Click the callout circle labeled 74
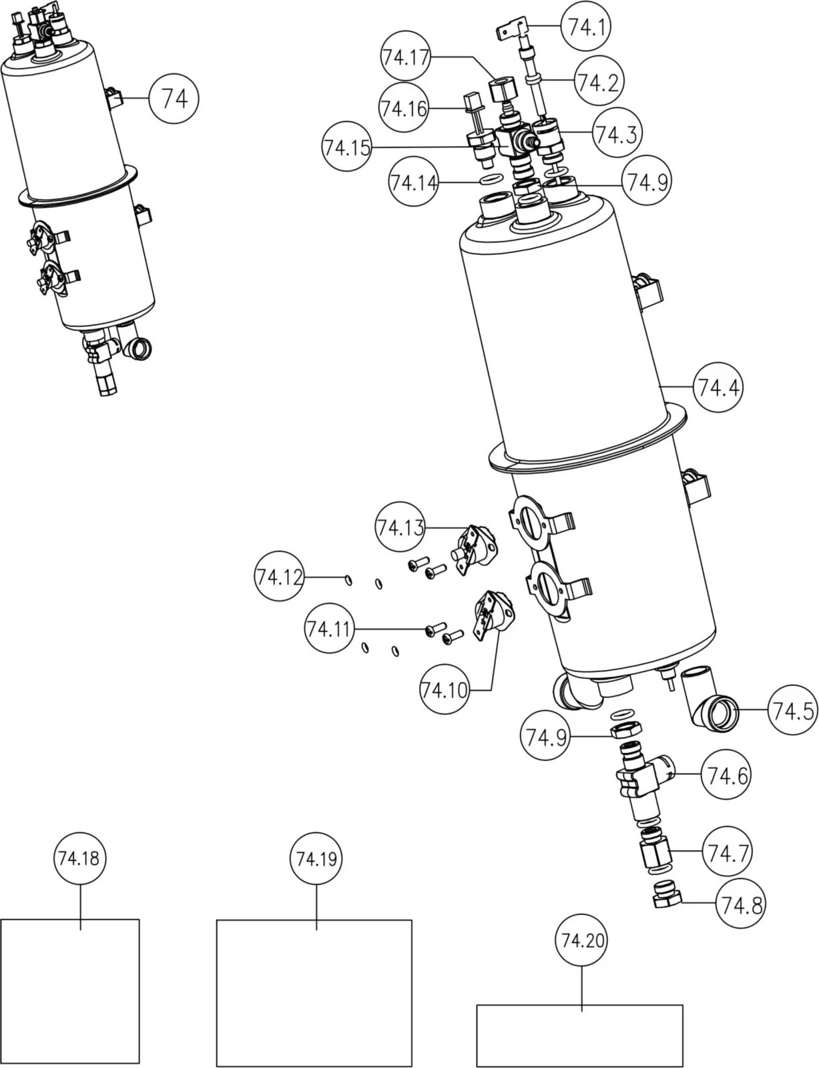click(174, 99)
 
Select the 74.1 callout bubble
click(585, 27)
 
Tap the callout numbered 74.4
click(718, 387)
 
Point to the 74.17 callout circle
click(406, 57)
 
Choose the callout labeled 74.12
click(279, 576)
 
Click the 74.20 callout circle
click(581, 941)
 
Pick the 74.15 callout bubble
click(346, 146)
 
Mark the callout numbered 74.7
click(728, 852)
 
